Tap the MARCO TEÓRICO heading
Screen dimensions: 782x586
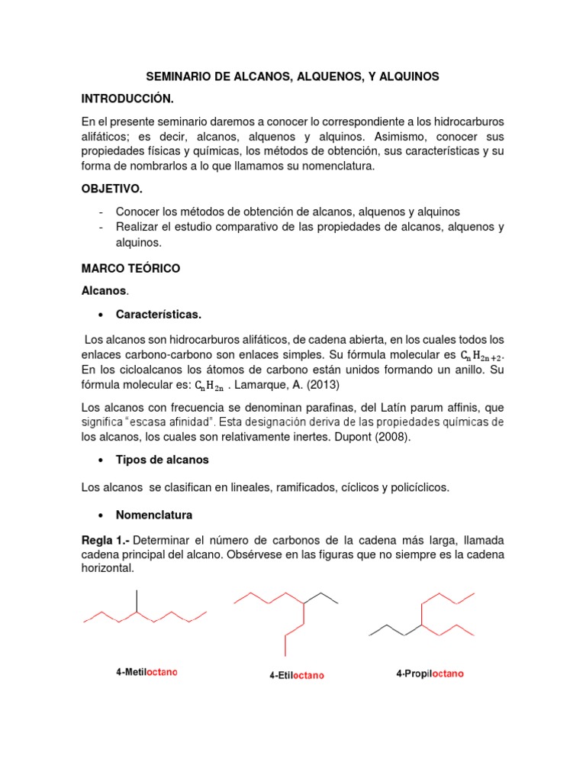coord(130,269)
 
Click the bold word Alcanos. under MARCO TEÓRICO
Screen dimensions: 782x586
coord(105,291)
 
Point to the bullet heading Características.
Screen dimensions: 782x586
coord(159,314)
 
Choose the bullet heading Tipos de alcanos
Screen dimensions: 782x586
coord(162,460)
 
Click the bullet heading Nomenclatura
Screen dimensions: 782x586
coord(154,515)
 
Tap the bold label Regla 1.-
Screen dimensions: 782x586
coord(103,538)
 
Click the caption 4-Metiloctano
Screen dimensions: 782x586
coord(146,672)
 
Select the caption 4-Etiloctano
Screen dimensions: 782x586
coord(296,675)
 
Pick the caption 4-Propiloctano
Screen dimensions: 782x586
coord(430,674)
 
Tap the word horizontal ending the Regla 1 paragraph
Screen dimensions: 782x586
coord(110,568)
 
